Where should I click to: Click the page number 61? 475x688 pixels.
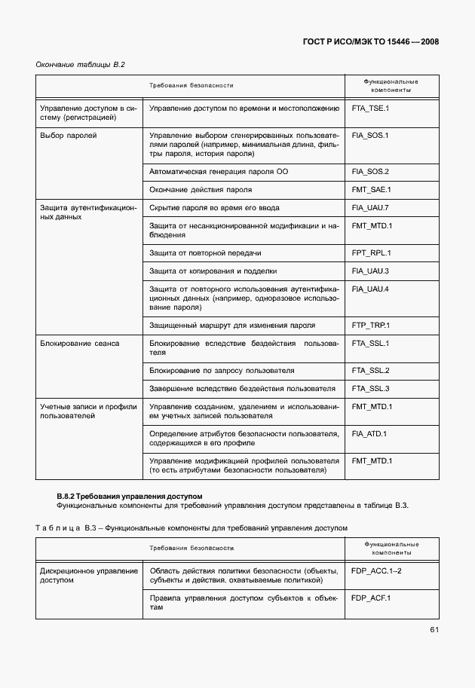pyautogui.click(x=434, y=630)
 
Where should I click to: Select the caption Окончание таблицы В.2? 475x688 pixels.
pyautogui.click(x=80, y=65)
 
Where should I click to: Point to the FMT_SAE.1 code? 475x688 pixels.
pyautogui.click(x=370, y=190)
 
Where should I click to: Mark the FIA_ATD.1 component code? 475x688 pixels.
pyautogui.click(x=369, y=434)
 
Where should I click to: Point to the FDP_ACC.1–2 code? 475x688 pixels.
pyautogui.click(x=375, y=571)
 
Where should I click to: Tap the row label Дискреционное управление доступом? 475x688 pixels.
pyautogui.click(x=88, y=576)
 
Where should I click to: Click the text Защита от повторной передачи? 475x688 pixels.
pyautogui.click(x=205, y=253)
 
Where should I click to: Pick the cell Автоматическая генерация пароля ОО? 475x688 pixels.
pyautogui.click(x=219, y=172)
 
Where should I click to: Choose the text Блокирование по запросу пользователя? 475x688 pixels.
pyautogui.click(x=221, y=371)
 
